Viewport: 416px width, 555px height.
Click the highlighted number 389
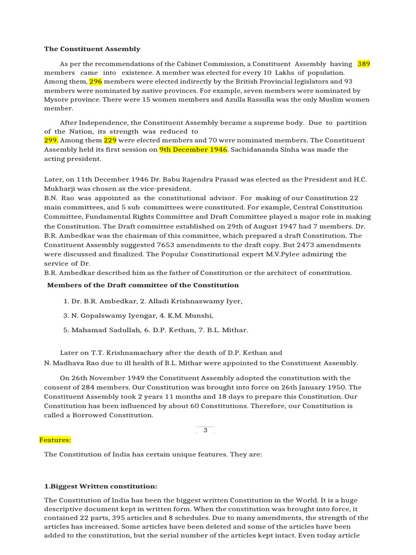pyautogui.click(x=364, y=64)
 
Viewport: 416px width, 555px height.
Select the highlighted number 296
pyautogui.click(x=96, y=81)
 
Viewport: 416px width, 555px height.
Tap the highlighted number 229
pyautogui.click(x=110, y=140)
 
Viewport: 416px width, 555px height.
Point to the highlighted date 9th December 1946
pyautogui.click(x=193, y=150)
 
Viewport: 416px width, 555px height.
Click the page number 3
pyautogui.click(x=205, y=430)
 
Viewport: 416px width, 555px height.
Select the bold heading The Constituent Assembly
pyautogui.click(x=92, y=49)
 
